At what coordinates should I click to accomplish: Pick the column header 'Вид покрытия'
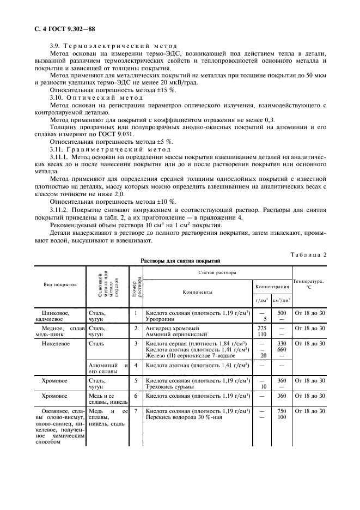[60, 284]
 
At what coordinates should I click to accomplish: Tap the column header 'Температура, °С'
[308, 284]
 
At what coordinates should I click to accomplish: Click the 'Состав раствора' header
[217, 271]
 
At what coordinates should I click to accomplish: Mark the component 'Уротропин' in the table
[162, 320]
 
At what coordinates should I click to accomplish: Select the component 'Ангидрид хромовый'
[172, 329]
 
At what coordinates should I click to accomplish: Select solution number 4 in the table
[136, 365]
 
